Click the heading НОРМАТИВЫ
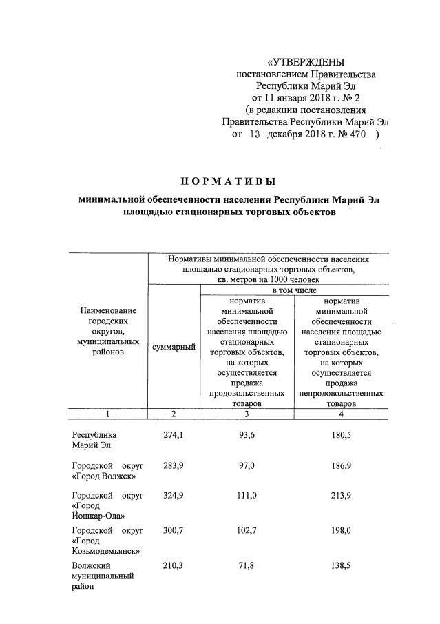point(228,181)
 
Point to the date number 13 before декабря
point(254,134)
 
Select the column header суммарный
point(173,348)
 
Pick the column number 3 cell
point(247,414)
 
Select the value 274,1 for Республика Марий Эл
point(173,435)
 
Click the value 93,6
point(247,435)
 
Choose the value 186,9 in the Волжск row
point(342,467)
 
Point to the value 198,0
point(342,530)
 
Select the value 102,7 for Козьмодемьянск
point(247,530)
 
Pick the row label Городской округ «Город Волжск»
point(107,472)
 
